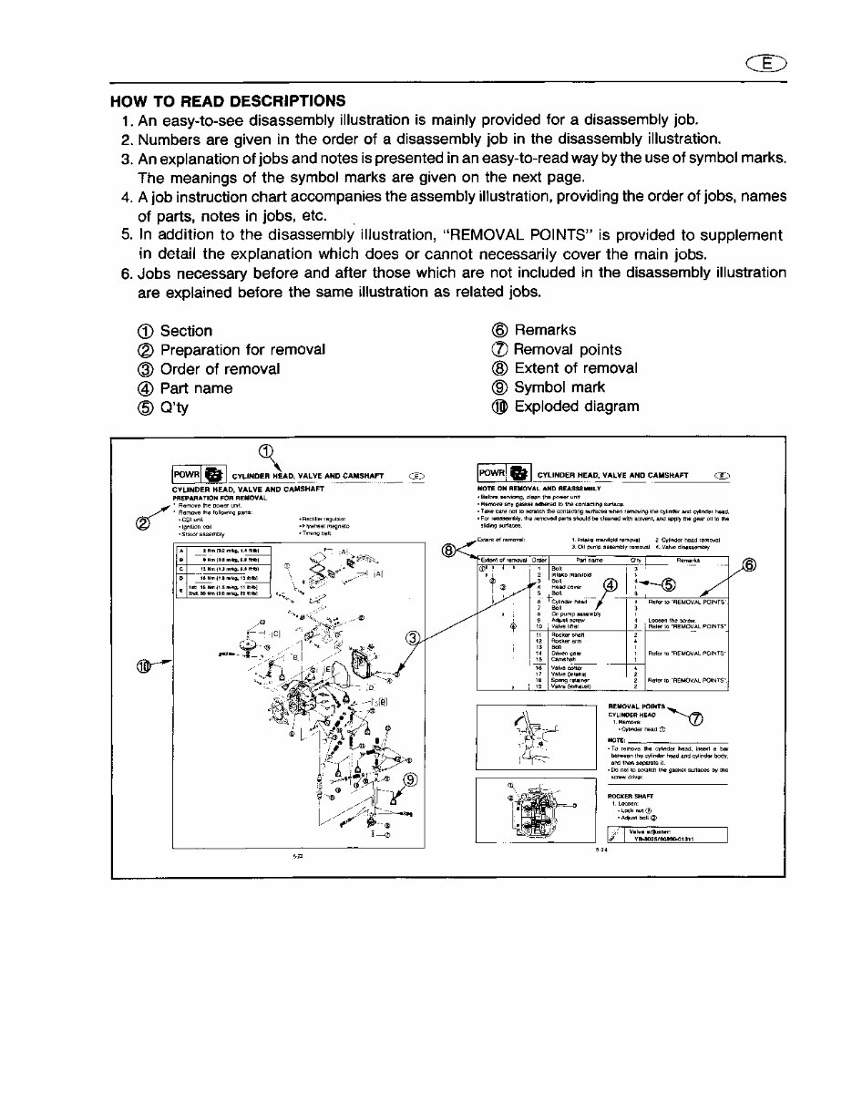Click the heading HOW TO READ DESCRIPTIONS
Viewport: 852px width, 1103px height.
[x=228, y=100]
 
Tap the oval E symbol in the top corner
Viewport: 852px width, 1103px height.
[x=769, y=63]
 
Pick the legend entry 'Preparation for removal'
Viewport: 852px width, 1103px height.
[x=242, y=350]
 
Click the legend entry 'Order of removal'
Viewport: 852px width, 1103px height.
[x=220, y=369]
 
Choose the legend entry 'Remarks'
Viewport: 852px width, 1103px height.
[x=544, y=330]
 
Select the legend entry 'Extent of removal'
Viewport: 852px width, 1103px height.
[x=575, y=368]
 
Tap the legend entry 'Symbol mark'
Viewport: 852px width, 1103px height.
[x=559, y=387]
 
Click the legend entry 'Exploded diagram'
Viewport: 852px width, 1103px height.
[x=577, y=407]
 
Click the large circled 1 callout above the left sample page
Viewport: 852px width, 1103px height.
[x=265, y=449]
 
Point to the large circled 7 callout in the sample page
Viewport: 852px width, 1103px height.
[x=696, y=720]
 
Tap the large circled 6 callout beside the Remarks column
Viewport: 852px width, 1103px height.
[x=748, y=565]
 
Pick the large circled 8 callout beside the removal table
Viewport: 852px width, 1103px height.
[x=449, y=549]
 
